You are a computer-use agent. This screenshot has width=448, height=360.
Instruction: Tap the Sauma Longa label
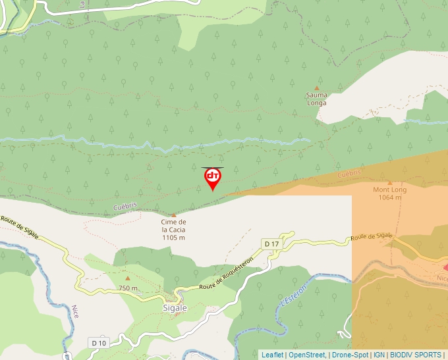click(316, 99)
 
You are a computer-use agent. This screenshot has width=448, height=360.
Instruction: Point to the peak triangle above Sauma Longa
click(316, 88)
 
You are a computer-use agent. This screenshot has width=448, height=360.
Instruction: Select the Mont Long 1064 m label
click(390, 193)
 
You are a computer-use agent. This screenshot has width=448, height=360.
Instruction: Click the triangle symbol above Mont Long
click(390, 182)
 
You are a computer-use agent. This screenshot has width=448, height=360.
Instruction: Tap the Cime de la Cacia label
click(173, 230)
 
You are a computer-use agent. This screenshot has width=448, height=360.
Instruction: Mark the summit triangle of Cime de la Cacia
click(174, 215)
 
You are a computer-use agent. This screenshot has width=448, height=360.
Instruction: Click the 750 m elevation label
click(128, 288)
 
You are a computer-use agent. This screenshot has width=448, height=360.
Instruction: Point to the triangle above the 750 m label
click(128, 278)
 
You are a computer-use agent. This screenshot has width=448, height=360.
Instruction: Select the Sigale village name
click(175, 307)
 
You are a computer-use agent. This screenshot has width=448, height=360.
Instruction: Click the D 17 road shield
click(270, 244)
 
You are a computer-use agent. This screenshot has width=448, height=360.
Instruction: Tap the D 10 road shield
click(98, 343)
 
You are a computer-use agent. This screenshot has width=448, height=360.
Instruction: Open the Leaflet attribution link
click(272, 355)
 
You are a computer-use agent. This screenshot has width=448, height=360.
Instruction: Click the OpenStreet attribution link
click(308, 355)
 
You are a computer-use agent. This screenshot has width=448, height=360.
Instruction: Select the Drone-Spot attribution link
click(350, 355)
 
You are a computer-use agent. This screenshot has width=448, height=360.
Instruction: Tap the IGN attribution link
click(379, 355)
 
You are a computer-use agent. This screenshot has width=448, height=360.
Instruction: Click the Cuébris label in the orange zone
click(349, 174)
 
